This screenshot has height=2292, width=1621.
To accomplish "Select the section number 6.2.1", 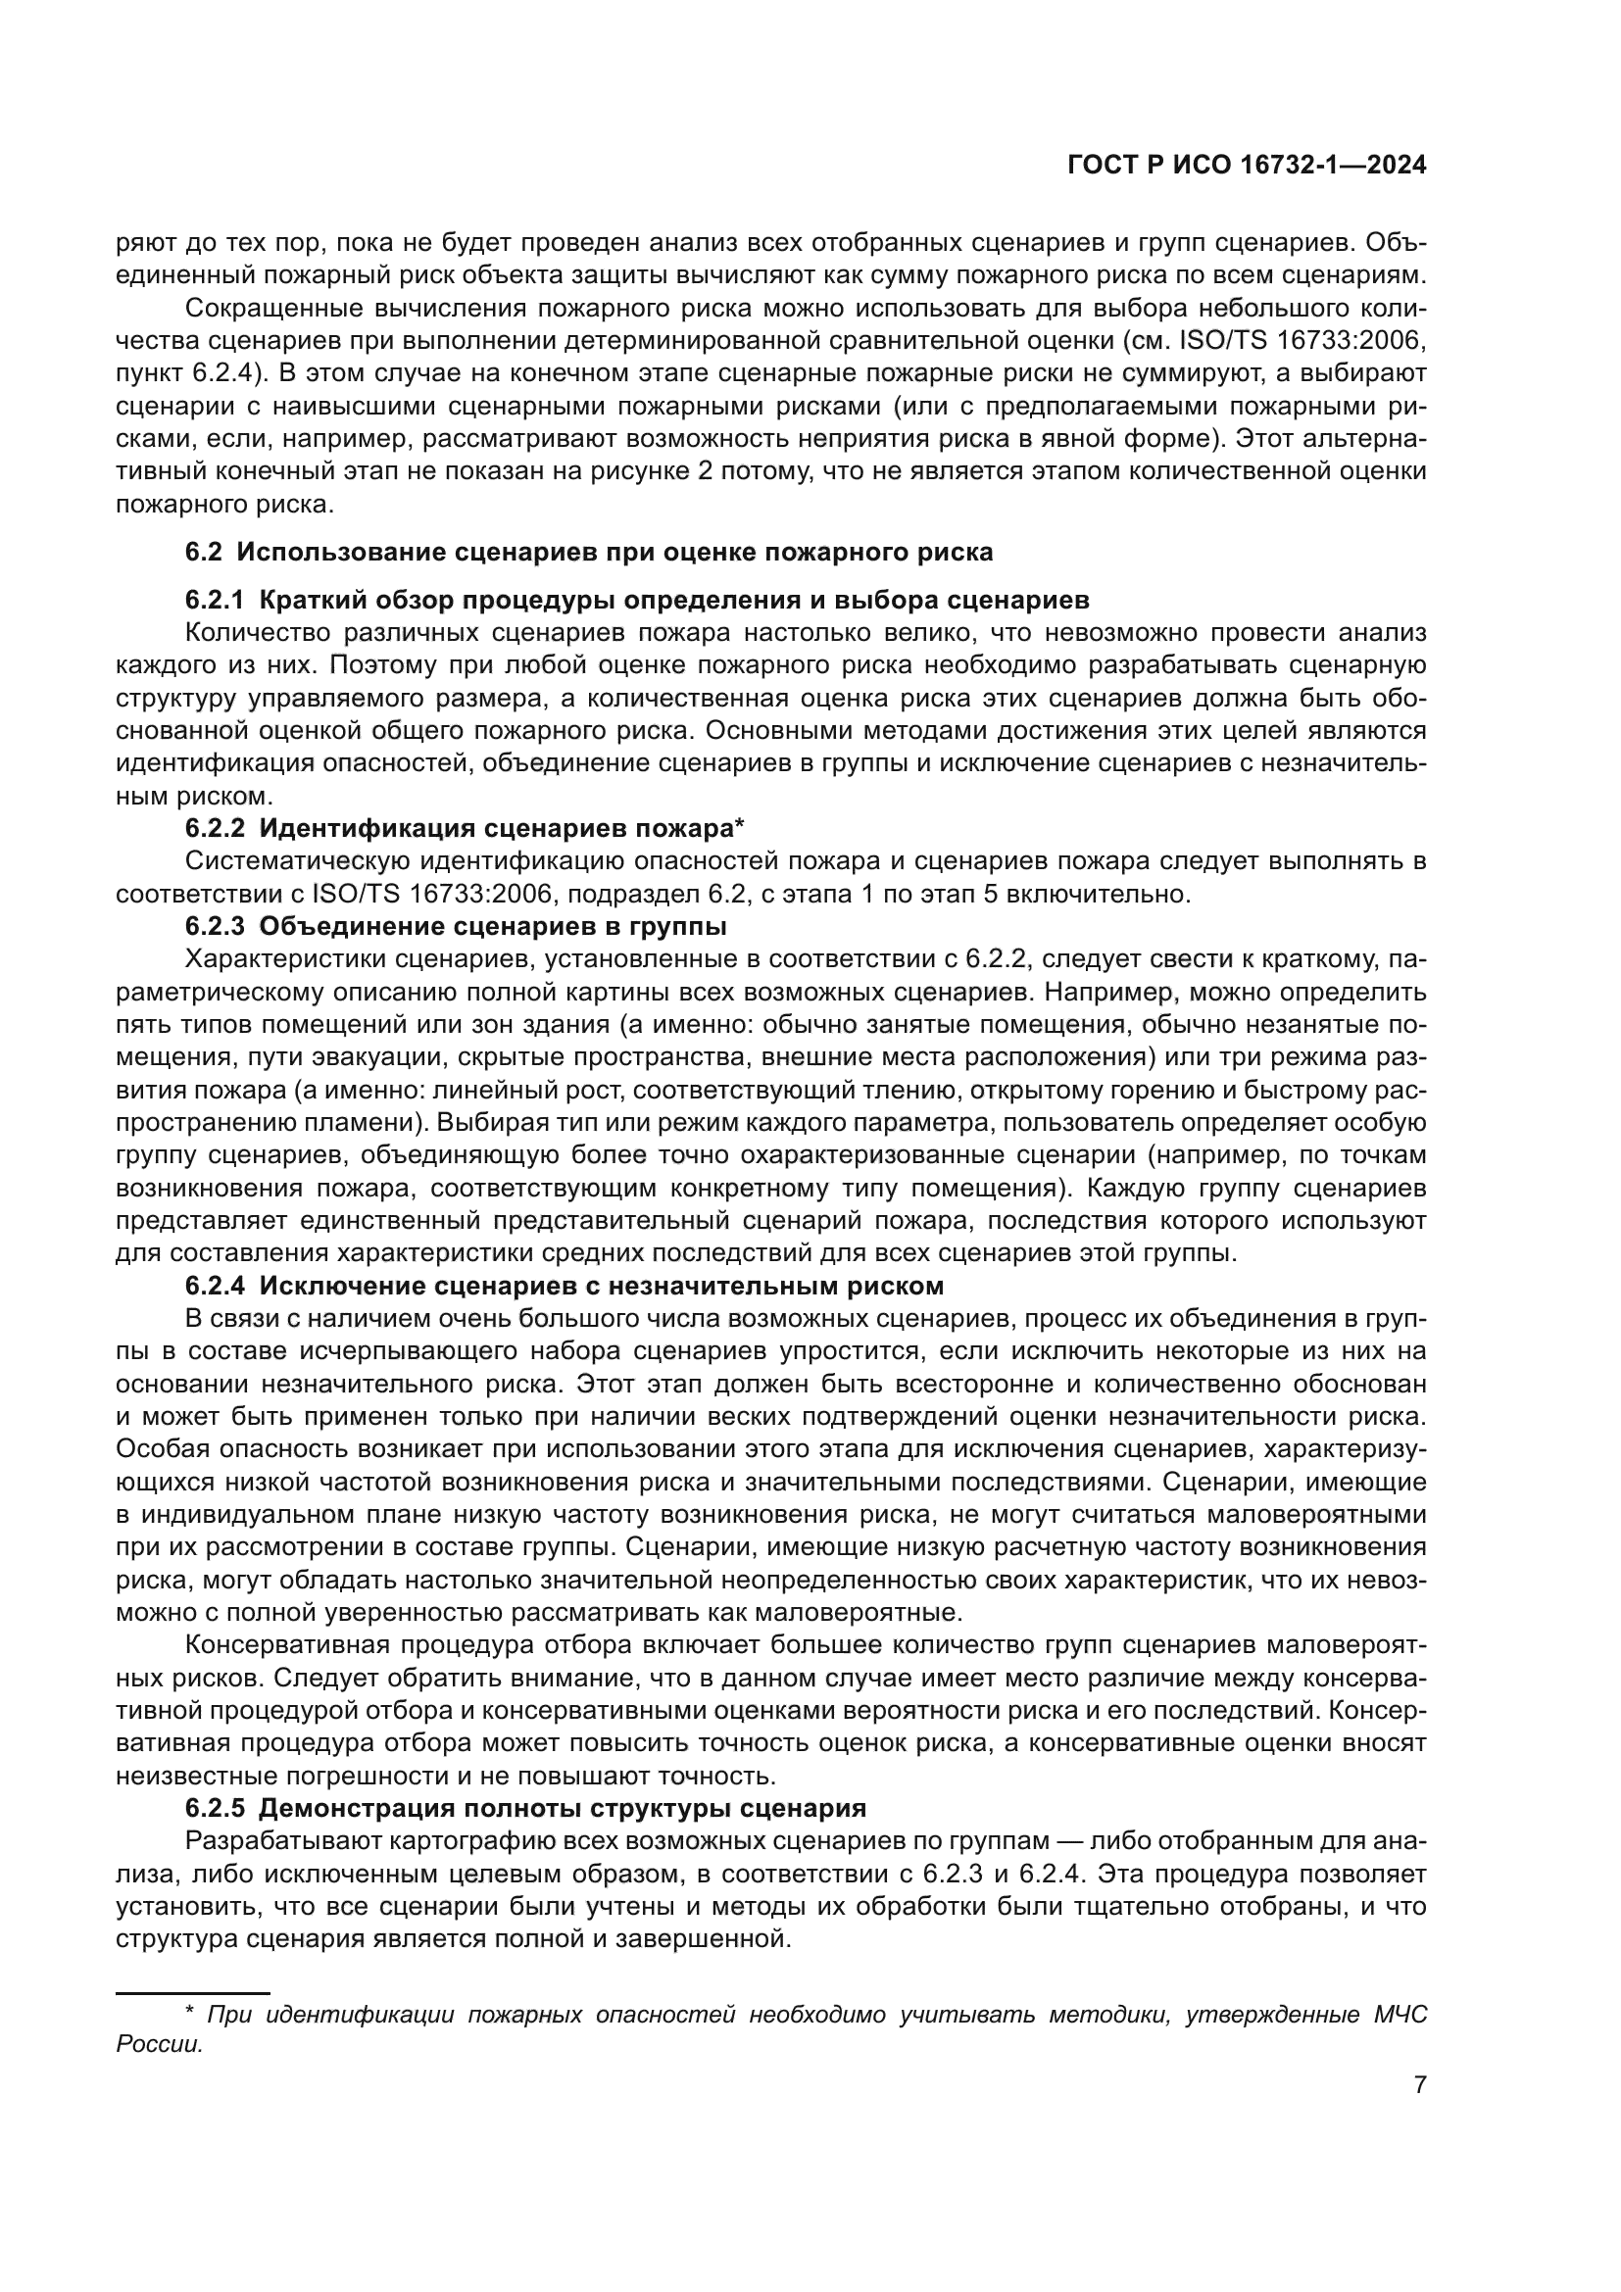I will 215,600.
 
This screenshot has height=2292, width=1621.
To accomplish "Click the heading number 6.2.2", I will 215,828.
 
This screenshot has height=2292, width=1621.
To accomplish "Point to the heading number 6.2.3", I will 215,925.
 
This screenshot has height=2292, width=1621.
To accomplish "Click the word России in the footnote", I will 160,2044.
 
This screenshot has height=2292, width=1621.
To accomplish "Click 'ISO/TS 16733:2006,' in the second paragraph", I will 1302,340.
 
